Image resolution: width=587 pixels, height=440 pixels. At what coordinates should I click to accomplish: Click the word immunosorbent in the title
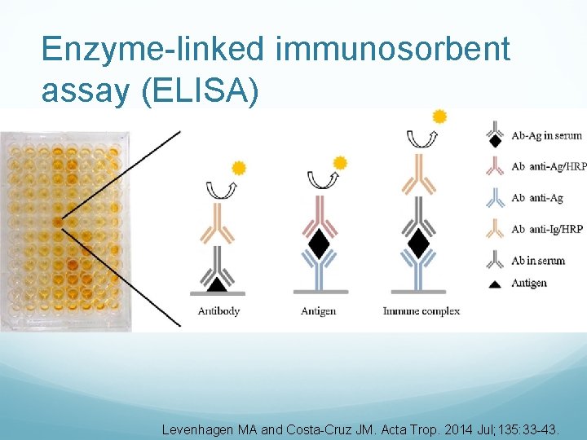coord(393,50)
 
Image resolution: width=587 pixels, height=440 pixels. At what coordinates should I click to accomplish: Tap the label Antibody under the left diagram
coord(218,311)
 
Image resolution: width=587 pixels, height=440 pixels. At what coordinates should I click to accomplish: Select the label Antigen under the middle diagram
coord(318,311)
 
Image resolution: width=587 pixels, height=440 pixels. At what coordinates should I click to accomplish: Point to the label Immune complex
coord(421,311)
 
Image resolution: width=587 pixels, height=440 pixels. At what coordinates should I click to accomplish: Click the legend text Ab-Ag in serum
coord(548,134)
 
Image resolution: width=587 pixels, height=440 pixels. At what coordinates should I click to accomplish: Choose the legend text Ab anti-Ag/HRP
coord(549,166)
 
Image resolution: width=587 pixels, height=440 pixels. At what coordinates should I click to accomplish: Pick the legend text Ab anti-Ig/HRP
coord(547,230)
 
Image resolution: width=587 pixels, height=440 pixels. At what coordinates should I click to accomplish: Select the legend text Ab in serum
coord(538,261)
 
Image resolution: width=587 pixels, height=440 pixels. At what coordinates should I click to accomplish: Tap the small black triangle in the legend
coord(494,283)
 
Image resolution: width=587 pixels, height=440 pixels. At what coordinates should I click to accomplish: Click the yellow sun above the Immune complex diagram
coord(439,117)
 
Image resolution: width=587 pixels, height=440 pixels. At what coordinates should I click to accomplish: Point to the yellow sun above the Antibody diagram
coord(239,169)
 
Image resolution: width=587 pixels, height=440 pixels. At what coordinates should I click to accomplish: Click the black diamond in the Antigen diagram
coord(320,242)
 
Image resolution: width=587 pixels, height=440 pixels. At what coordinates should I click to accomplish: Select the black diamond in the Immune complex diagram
coord(418,242)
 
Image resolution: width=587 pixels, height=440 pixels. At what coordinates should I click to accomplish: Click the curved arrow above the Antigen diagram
coord(319,178)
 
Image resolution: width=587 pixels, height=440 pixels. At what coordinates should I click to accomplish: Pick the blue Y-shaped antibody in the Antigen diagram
coord(319,269)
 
